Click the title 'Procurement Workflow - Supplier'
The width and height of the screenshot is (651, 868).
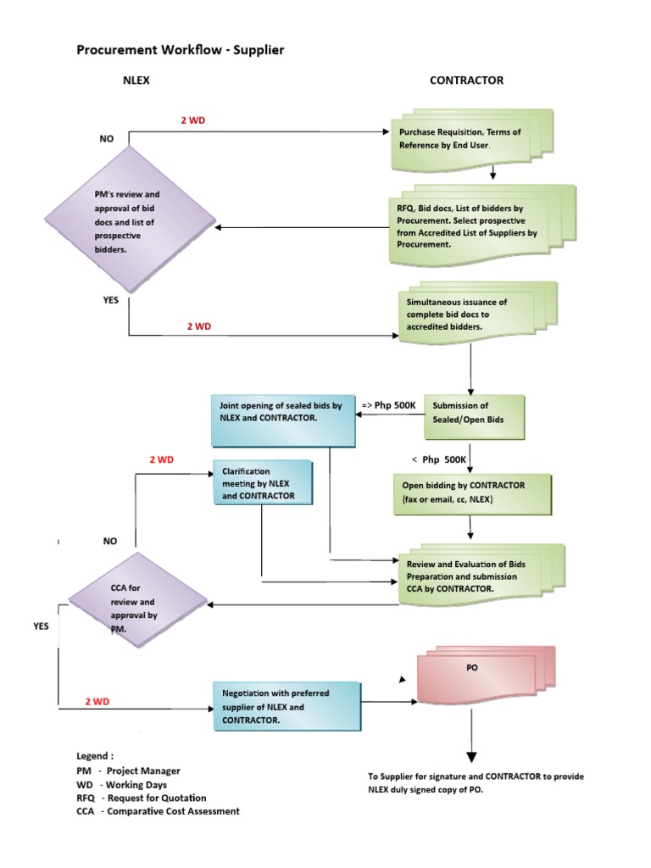pos(181,50)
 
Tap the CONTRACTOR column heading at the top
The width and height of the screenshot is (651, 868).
pos(466,81)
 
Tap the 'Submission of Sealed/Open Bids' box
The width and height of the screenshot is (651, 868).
pos(469,412)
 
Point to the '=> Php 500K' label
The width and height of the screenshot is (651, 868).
pos(388,406)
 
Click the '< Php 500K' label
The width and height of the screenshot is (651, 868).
pos(438,459)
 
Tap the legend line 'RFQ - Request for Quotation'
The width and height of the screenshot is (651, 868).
pos(141,798)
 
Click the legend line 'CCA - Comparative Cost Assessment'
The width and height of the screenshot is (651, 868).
pos(158,811)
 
